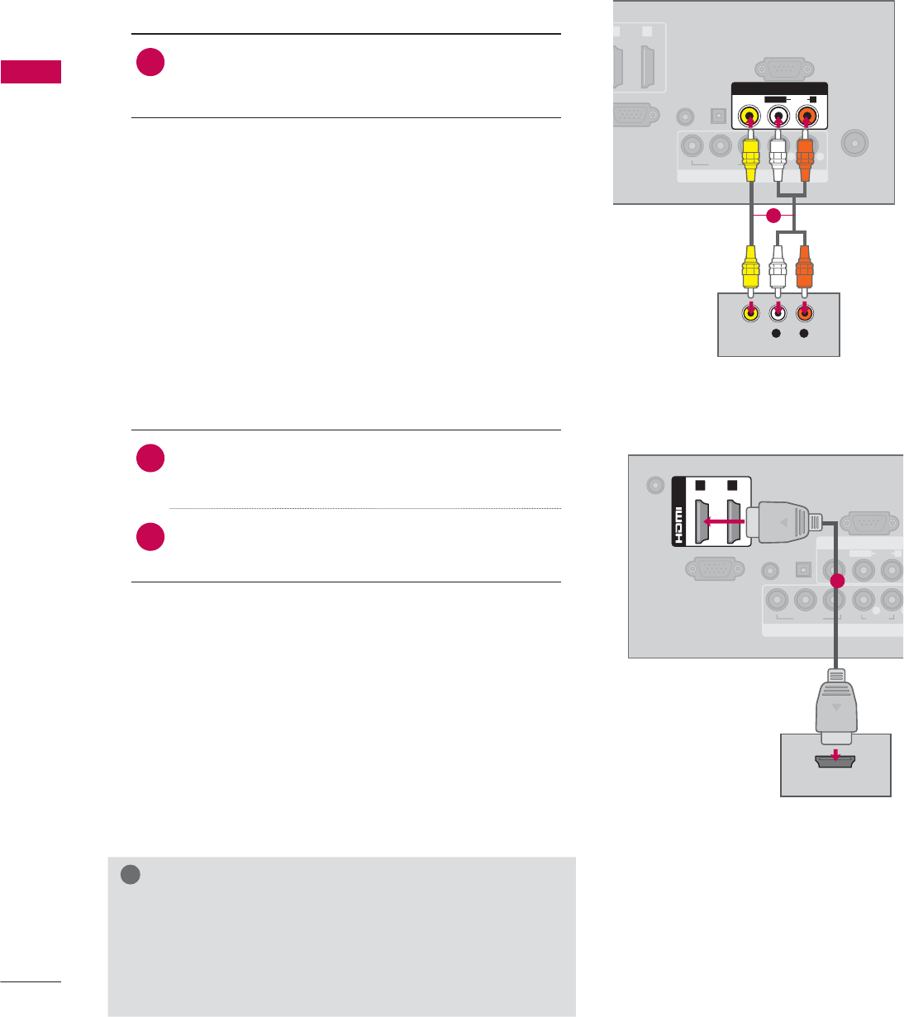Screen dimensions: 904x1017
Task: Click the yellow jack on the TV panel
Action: click(749, 116)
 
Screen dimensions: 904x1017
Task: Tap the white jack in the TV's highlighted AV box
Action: click(778, 116)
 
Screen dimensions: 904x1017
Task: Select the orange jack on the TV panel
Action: click(806, 116)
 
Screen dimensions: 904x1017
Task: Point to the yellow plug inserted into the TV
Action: click(749, 157)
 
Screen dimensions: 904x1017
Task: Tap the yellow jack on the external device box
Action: click(749, 313)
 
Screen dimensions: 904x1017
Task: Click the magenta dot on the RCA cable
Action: click(772, 216)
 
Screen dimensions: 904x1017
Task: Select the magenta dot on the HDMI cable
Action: click(836, 581)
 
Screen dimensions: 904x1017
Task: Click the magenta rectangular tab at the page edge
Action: click(31, 72)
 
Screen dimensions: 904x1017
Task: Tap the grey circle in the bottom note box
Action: click(129, 875)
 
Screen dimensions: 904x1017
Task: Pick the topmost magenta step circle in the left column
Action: click(150, 63)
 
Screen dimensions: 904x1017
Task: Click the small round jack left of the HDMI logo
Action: click(655, 485)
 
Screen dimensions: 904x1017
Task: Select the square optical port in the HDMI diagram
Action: click(801, 570)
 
